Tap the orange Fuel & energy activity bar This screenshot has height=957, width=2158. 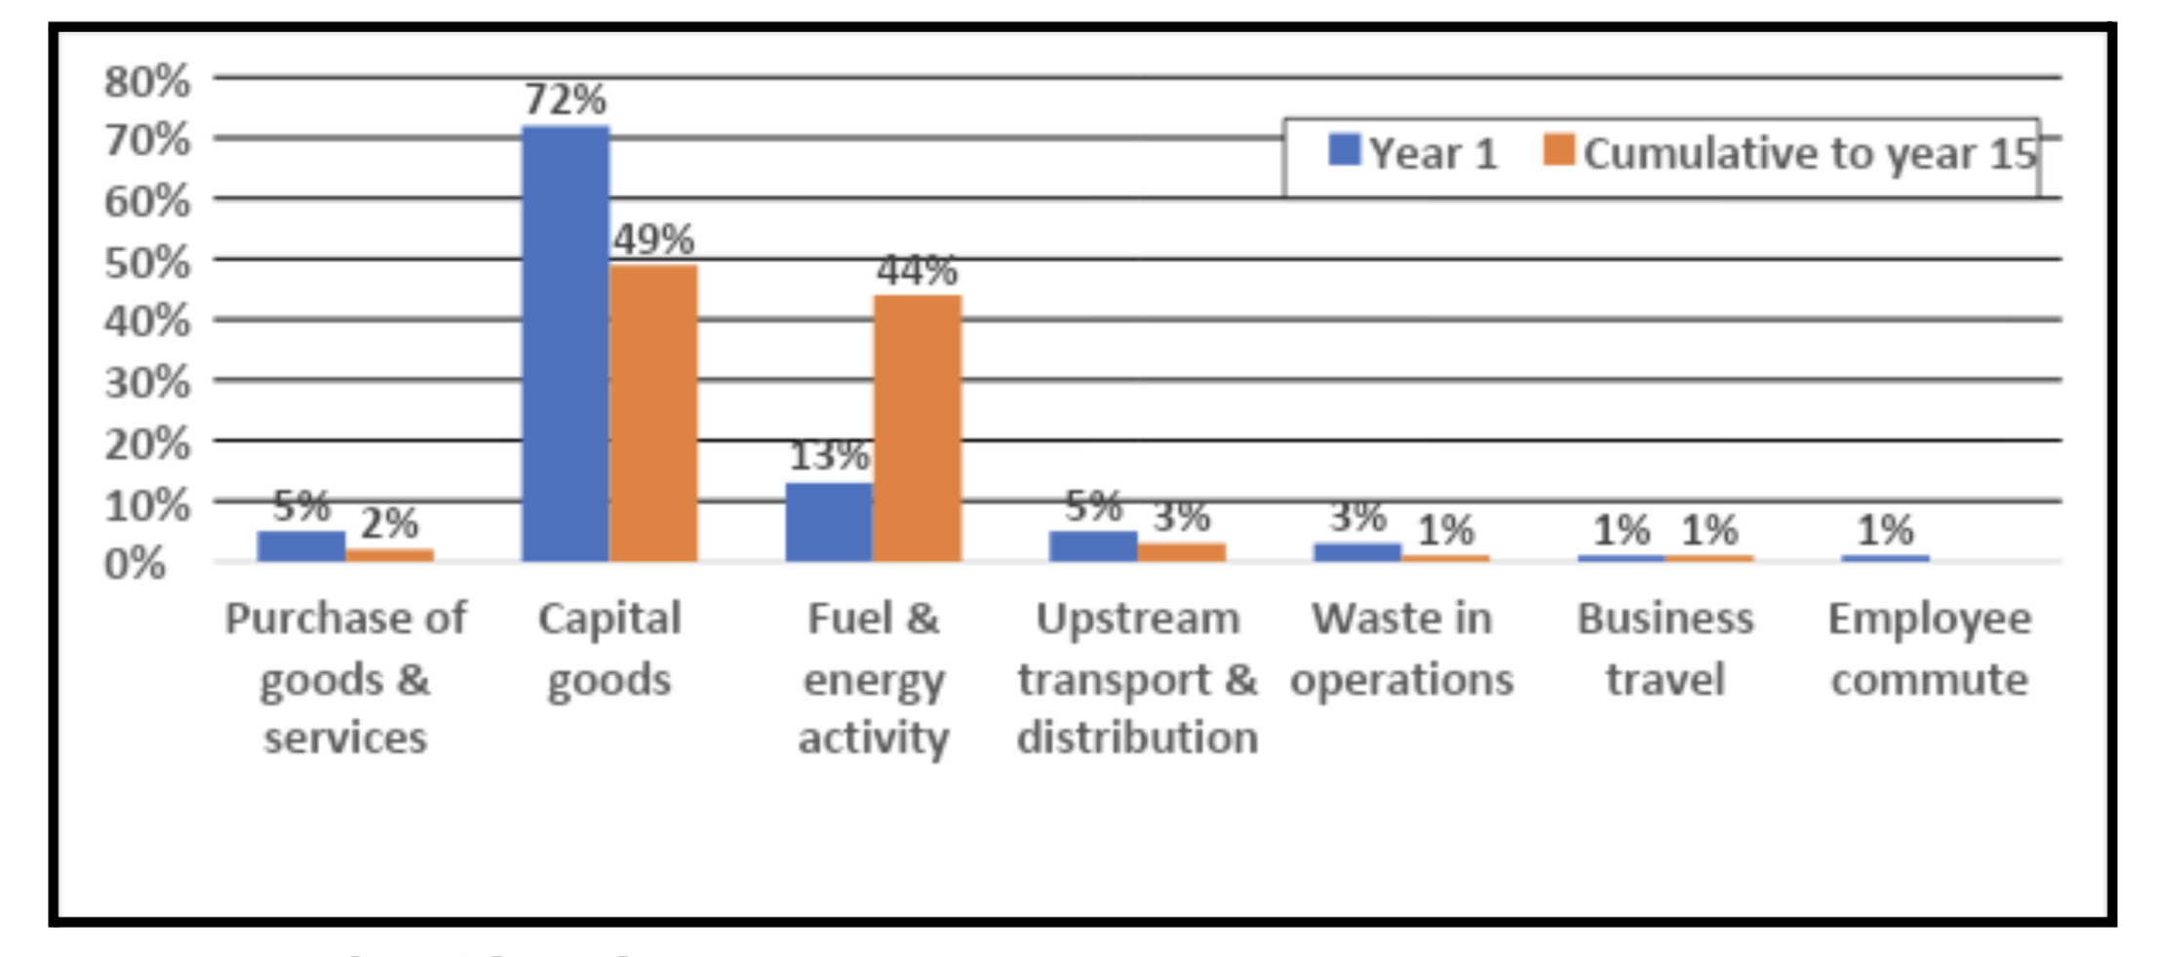[x=918, y=428]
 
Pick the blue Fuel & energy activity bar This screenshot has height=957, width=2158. [x=829, y=522]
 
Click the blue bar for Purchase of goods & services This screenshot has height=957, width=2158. [x=301, y=546]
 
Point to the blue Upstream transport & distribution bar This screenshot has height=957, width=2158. [x=1093, y=546]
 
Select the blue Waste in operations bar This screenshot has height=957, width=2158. [x=1357, y=552]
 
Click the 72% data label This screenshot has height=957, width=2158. [x=566, y=100]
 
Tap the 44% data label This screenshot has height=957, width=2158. [x=918, y=270]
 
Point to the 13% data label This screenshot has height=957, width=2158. [x=829, y=456]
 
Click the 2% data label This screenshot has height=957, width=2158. [x=390, y=524]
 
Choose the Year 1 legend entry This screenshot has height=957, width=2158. [x=1414, y=153]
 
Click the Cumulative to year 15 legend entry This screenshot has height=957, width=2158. [x=1791, y=153]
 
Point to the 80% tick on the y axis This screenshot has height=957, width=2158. [x=147, y=81]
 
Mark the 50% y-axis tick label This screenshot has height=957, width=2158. [x=147, y=261]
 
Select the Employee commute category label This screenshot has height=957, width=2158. [x=1930, y=649]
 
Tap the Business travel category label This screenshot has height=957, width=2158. [x=1666, y=649]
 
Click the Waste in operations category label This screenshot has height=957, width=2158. [x=1401, y=649]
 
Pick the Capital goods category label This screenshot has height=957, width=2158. [x=609, y=649]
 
